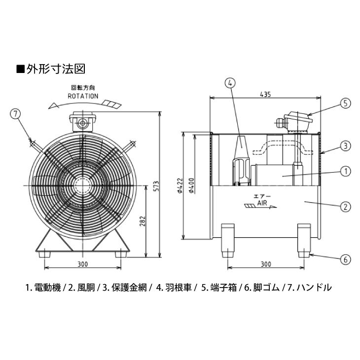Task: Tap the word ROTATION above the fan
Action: tap(83, 96)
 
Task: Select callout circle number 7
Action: tap(16, 114)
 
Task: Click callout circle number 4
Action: tap(230, 83)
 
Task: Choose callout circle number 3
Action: tap(345, 145)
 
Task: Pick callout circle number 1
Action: tap(345, 171)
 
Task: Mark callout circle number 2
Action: tap(345, 206)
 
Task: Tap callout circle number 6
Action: tap(345, 259)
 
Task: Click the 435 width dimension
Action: tap(265, 95)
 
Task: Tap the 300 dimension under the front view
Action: tap(83, 264)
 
